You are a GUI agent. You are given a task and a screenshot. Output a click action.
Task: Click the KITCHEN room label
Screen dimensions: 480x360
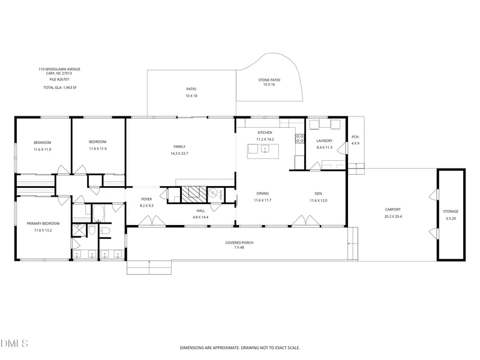click(x=265, y=133)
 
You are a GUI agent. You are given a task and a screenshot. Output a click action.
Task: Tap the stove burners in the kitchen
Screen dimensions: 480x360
click(x=299, y=139)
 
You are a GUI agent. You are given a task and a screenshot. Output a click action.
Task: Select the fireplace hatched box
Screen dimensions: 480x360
click(x=194, y=194)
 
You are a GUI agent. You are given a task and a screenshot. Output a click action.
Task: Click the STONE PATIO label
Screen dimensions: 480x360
click(x=269, y=80)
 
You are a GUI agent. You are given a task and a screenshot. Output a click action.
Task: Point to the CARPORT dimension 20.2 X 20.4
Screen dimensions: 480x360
click(x=393, y=217)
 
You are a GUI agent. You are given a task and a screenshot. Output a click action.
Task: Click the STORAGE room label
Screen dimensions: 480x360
click(x=451, y=212)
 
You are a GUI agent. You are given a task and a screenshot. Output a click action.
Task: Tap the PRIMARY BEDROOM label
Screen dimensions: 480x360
click(x=43, y=223)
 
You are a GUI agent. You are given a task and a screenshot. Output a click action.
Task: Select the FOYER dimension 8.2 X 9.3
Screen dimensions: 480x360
click(x=146, y=206)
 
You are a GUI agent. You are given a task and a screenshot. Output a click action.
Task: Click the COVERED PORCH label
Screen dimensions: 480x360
click(x=239, y=243)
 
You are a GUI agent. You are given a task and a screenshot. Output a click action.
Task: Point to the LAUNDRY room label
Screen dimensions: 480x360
click(x=325, y=141)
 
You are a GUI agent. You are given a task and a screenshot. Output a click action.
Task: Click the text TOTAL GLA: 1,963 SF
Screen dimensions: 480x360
click(x=60, y=88)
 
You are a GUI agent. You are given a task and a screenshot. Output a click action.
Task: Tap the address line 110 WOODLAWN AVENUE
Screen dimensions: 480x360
click(x=59, y=69)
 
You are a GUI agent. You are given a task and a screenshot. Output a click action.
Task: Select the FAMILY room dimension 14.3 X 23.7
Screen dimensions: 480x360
click(x=179, y=154)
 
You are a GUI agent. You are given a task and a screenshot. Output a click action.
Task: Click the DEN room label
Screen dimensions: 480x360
click(x=319, y=193)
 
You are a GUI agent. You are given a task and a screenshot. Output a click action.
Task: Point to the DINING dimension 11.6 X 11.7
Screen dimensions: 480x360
click(x=263, y=200)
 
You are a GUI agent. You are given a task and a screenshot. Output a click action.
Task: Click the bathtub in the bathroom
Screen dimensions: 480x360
click(x=98, y=214)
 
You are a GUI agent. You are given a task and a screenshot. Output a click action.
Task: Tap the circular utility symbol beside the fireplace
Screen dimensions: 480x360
click(x=213, y=193)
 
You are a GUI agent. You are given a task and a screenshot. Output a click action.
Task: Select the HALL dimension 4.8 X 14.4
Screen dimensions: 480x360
click(x=201, y=217)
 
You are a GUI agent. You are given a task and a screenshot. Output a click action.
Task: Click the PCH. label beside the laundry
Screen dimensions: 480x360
click(x=355, y=137)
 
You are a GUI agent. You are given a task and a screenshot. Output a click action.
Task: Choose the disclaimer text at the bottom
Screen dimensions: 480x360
click(x=240, y=348)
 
